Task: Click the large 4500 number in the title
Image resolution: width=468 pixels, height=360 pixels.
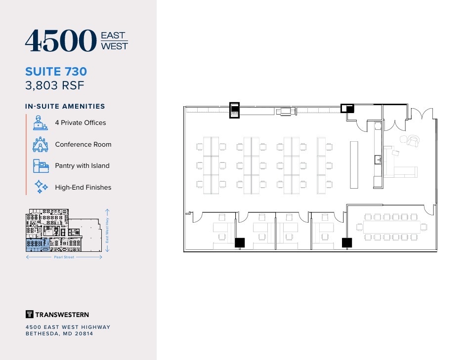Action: pos(60,40)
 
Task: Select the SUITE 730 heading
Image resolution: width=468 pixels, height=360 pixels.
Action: pos(56,72)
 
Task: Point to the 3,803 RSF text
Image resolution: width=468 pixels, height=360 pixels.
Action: pos(55,85)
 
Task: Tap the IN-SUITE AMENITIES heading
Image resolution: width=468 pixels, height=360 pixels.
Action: pos(65,106)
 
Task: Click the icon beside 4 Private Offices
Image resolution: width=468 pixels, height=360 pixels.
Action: pos(40,122)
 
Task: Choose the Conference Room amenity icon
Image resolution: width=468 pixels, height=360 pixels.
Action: pos(40,144)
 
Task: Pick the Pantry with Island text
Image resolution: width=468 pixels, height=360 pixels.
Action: pos(82,166)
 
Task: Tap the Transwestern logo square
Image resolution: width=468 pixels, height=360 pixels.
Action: pos(29,314)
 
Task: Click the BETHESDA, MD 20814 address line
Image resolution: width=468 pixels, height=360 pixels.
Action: pos(59,334)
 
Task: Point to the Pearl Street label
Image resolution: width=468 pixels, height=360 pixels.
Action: pos(64,257)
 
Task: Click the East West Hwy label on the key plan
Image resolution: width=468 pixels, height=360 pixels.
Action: pos(107,232)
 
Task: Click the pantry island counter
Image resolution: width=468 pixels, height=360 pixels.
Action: pos(354,164)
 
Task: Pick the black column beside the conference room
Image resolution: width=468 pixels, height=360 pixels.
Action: pos(347,242)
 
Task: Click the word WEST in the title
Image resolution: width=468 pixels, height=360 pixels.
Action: pos(114,46)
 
